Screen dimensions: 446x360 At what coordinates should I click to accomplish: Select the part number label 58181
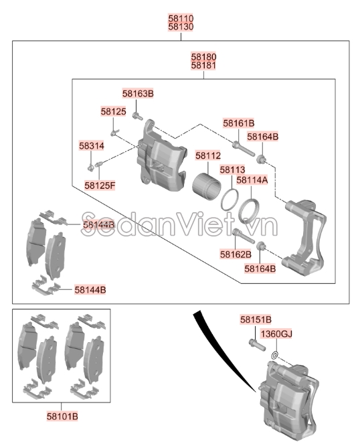click(x=203, y=66)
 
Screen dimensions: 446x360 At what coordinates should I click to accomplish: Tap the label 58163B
click(x=138, y=94)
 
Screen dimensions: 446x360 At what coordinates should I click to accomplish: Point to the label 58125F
click(x=100, y=184)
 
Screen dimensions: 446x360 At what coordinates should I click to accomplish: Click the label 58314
click(x=91, y=145)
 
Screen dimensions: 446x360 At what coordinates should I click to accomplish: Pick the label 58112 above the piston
click(x=207, y=155)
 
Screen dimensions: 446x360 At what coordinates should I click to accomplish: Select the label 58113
click(x=232, y=170)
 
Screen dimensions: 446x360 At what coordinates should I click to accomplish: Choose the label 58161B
click(x=239, y=123)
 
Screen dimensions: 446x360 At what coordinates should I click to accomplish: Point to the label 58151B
click(x=256, y=321)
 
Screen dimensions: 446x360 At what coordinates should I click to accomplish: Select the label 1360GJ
click(x=276, y=333)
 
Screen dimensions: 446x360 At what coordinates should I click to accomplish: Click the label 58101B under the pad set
click(x=61, y=417)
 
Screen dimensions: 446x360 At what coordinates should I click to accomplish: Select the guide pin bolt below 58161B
click(x=239, y=145)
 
